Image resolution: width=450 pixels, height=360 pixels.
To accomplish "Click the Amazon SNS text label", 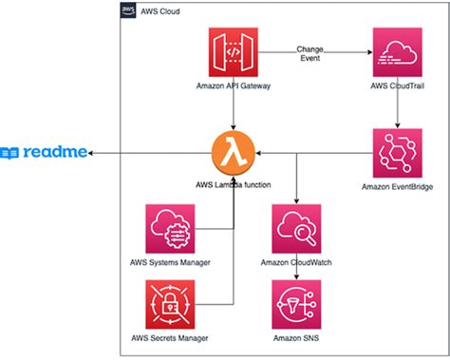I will [x=297, y=339].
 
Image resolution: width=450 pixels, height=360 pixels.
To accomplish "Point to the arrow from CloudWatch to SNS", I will [x=297, y=273].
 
